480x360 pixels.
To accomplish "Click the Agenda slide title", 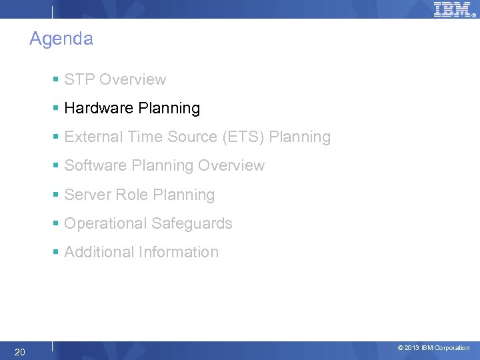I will (x=61, y=39).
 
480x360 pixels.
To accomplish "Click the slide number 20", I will (x=20, y=351).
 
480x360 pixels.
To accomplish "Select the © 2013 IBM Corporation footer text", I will (x=433, y=348).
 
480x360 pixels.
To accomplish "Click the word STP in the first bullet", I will (x=79, y=79).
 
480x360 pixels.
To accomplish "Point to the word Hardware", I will (x=96, y=108).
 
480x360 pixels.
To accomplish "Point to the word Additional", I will (x=99, y=252).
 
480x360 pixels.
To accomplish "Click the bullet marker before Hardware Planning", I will (x=57, y=108).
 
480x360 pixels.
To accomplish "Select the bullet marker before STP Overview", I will (x=57, y=79).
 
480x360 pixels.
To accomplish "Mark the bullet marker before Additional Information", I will (x=57, y=252).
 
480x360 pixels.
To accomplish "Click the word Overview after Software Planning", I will (x=231, y=166).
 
